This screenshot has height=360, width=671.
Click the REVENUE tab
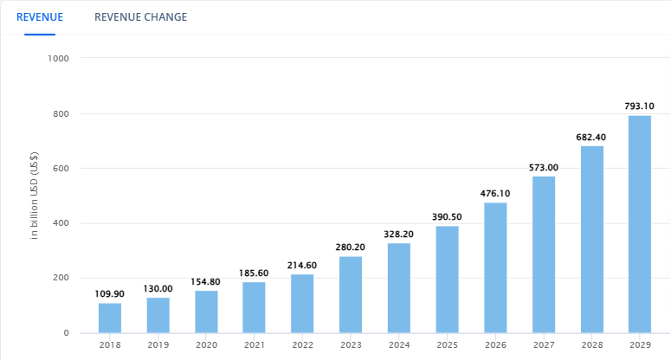[39, 17]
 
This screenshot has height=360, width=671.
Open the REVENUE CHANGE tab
[140, 17]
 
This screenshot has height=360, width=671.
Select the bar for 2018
[110, 318]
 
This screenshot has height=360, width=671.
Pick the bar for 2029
[639, 224]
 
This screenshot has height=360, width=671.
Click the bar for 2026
[495, 267]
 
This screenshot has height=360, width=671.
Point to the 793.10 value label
[639, 106]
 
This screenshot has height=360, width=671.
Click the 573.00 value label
[544, 167]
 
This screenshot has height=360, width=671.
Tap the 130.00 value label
[158, 288]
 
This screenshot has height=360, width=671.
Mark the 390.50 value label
[447, 217]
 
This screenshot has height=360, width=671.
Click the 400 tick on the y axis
[61, 223]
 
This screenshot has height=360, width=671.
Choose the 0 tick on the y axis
[67, 333]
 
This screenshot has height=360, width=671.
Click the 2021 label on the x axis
[255, 345]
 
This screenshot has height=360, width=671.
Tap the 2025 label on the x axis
[447, 345]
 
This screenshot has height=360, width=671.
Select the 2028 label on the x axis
[591, 345]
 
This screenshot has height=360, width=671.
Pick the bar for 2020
[206, 312]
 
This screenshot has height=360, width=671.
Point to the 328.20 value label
[399, 234]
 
